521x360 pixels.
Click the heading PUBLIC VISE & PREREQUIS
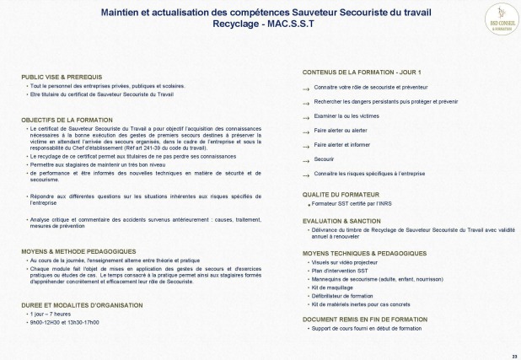point(56,77)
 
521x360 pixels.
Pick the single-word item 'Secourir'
point(325,158)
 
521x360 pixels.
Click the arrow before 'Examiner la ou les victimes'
point(307,116)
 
